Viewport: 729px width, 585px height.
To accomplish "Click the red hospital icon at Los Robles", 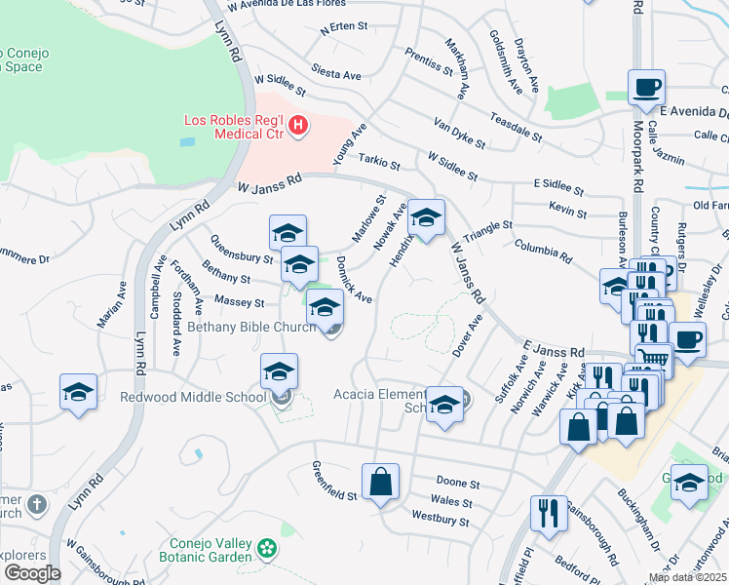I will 299,125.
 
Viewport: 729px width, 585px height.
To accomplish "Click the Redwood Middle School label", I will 193,397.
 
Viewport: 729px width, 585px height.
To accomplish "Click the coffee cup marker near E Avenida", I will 646,89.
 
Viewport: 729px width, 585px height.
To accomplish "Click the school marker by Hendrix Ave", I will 426,220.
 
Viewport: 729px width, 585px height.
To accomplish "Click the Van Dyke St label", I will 459,135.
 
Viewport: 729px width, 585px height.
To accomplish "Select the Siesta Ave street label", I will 336,73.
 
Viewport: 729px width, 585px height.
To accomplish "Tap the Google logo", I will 32,573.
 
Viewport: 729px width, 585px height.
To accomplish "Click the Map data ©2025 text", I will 688,577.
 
